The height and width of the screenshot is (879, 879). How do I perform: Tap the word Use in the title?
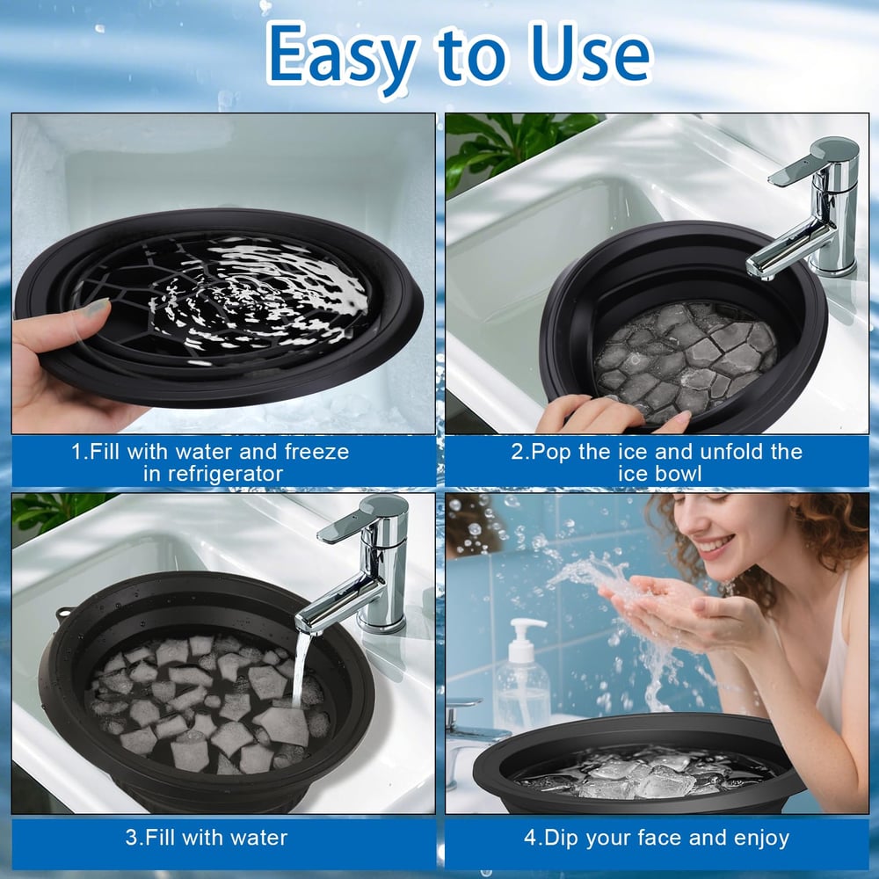click(586, 54)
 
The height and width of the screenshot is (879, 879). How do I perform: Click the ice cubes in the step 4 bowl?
click(642, 774)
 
